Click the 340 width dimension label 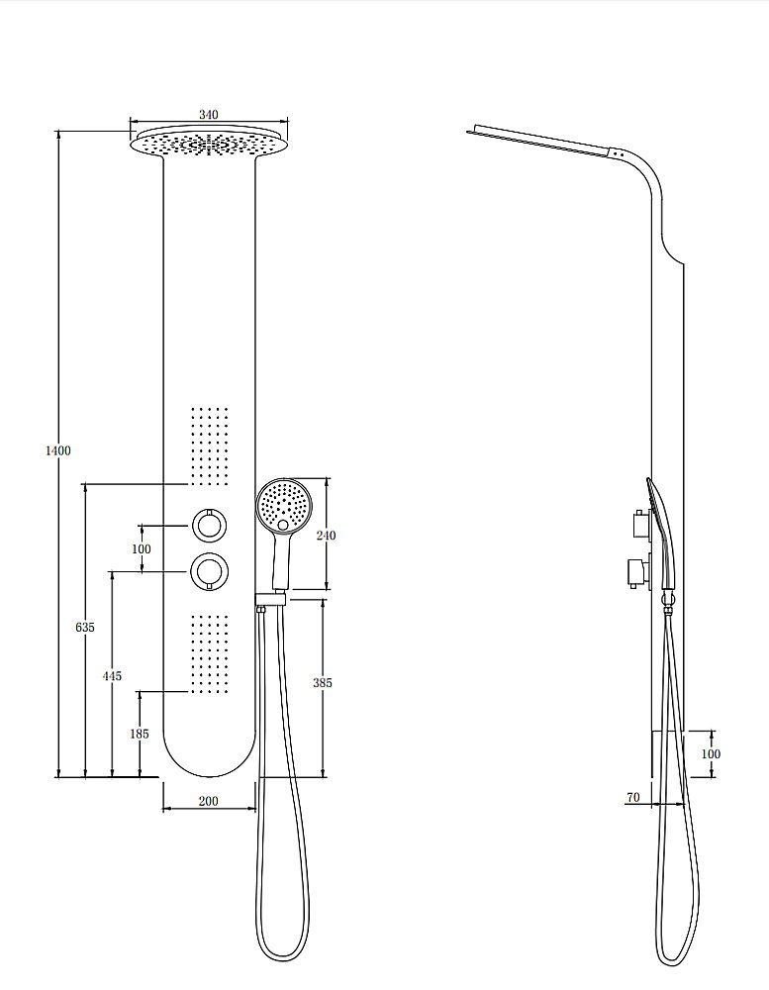[x=209, y=114]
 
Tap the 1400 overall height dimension [x=58, y=450]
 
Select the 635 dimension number [x=85, y=627]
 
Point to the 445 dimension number [x=113, y=676]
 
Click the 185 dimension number [x=140, y=734]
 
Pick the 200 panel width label [x=209, y=801]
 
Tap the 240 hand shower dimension [x=326, y=536]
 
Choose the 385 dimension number [x=322, y=682]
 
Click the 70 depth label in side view [x=633, y=797]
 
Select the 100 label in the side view [x=711, y=753]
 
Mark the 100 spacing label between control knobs [x=142, y=549]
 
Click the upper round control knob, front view [x=209, y=525]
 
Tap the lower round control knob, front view [x=209, y=571]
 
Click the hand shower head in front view [x=284, y=505]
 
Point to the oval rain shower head [x=209, y=144]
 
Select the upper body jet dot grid [x=209, y=445]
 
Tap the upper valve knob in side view [x=641, y=524]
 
